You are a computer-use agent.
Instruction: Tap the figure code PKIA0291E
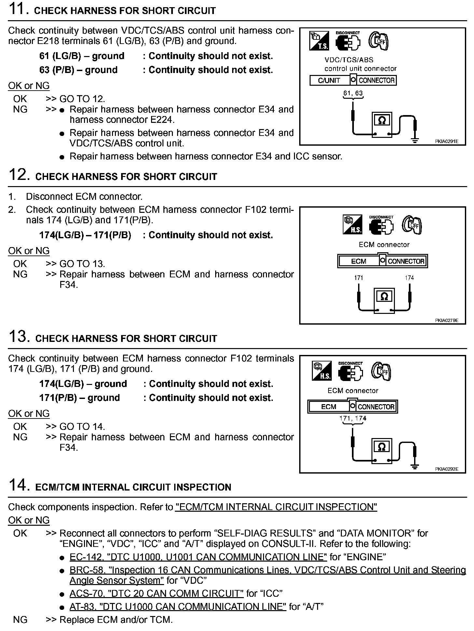(446, 141)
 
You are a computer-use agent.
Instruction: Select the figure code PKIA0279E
(446, 320)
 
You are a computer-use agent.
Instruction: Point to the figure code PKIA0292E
(446, 469)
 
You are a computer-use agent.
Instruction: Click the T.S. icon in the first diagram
(319, 41)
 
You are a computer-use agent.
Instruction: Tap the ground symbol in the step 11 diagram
(415, 140)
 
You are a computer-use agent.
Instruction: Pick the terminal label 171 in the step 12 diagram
(358, 278)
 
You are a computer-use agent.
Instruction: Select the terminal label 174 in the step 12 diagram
(409, 278)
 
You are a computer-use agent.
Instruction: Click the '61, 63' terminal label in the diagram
(353, 93)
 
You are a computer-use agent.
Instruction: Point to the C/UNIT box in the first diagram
(329, 81)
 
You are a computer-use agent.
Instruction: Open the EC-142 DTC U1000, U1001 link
(198, 557)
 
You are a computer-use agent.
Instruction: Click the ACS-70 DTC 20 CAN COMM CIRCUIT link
(156, 593)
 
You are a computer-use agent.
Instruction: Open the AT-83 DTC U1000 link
(178, 606)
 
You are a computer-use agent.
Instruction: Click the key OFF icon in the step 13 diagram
(381, 371)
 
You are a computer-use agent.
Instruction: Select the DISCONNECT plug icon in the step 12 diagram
(381, 226)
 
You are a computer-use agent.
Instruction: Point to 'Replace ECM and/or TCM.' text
(116, 620)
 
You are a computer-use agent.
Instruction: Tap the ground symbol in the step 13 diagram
(414, 467)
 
